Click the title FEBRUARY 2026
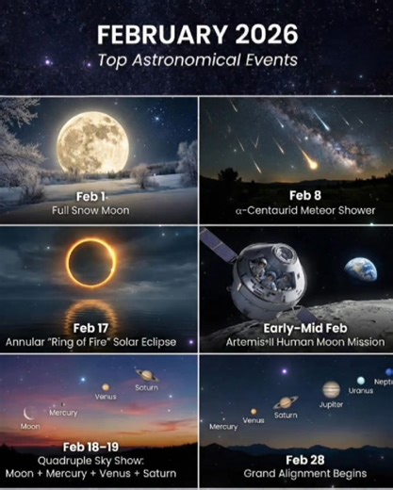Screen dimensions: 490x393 tap(197, 36)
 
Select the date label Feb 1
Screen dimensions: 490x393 tap(94, 196)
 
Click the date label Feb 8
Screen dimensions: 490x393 tap(294, 196)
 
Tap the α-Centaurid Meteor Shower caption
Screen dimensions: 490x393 tap(294, 210)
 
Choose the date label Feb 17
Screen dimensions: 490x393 tap(94, 327)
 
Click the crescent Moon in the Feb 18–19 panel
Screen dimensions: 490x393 tap(30, 412)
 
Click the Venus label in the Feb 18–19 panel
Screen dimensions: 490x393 tap(106, 397)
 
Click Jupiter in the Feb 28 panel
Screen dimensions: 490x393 tap(331, 389)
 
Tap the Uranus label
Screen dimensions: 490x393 tap(360, 390)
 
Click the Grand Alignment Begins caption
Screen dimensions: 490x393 tap(294, 473)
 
